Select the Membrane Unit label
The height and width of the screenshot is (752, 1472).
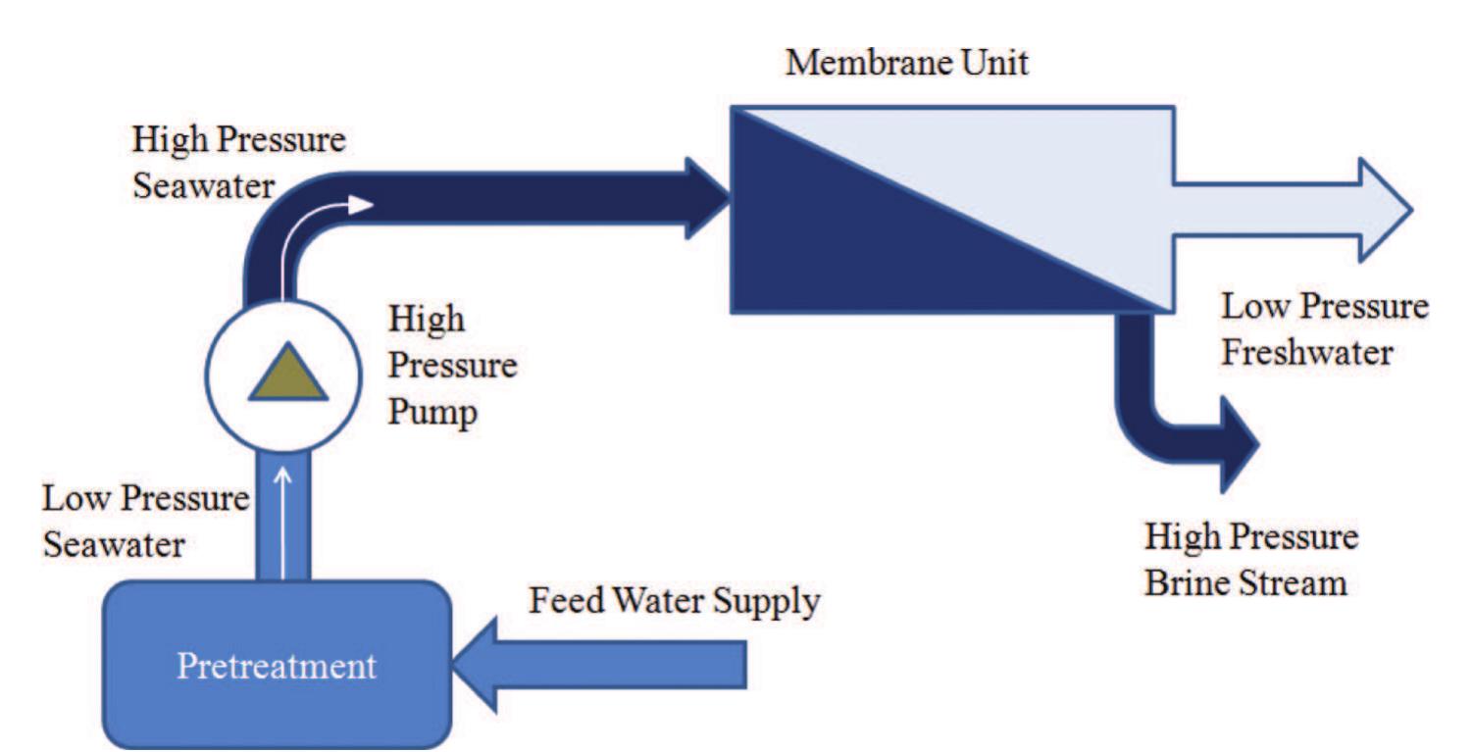tap(907, 64)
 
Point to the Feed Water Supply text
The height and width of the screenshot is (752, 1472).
tap(674, 601)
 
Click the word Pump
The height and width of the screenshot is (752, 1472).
tap(432, 412)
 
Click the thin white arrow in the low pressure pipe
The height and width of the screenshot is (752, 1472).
tap(284, 520)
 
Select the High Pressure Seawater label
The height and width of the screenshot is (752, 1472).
tap(239, 162)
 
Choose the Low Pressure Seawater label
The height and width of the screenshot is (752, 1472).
tap(144, 521)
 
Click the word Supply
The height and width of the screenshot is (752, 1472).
tap(770, 601)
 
